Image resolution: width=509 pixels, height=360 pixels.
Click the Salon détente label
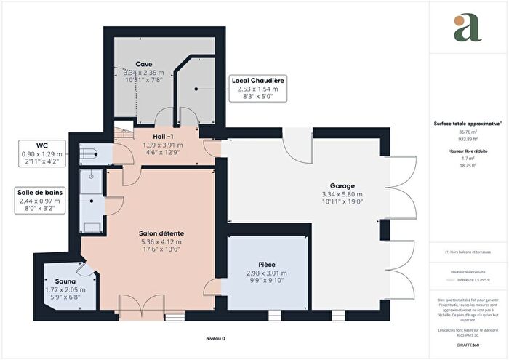[160, 233]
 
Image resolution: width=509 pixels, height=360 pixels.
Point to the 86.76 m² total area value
[466, 132]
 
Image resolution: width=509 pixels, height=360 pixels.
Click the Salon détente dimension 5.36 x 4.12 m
[160, 241]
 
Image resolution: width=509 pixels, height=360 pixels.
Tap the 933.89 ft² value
[466, 138]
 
